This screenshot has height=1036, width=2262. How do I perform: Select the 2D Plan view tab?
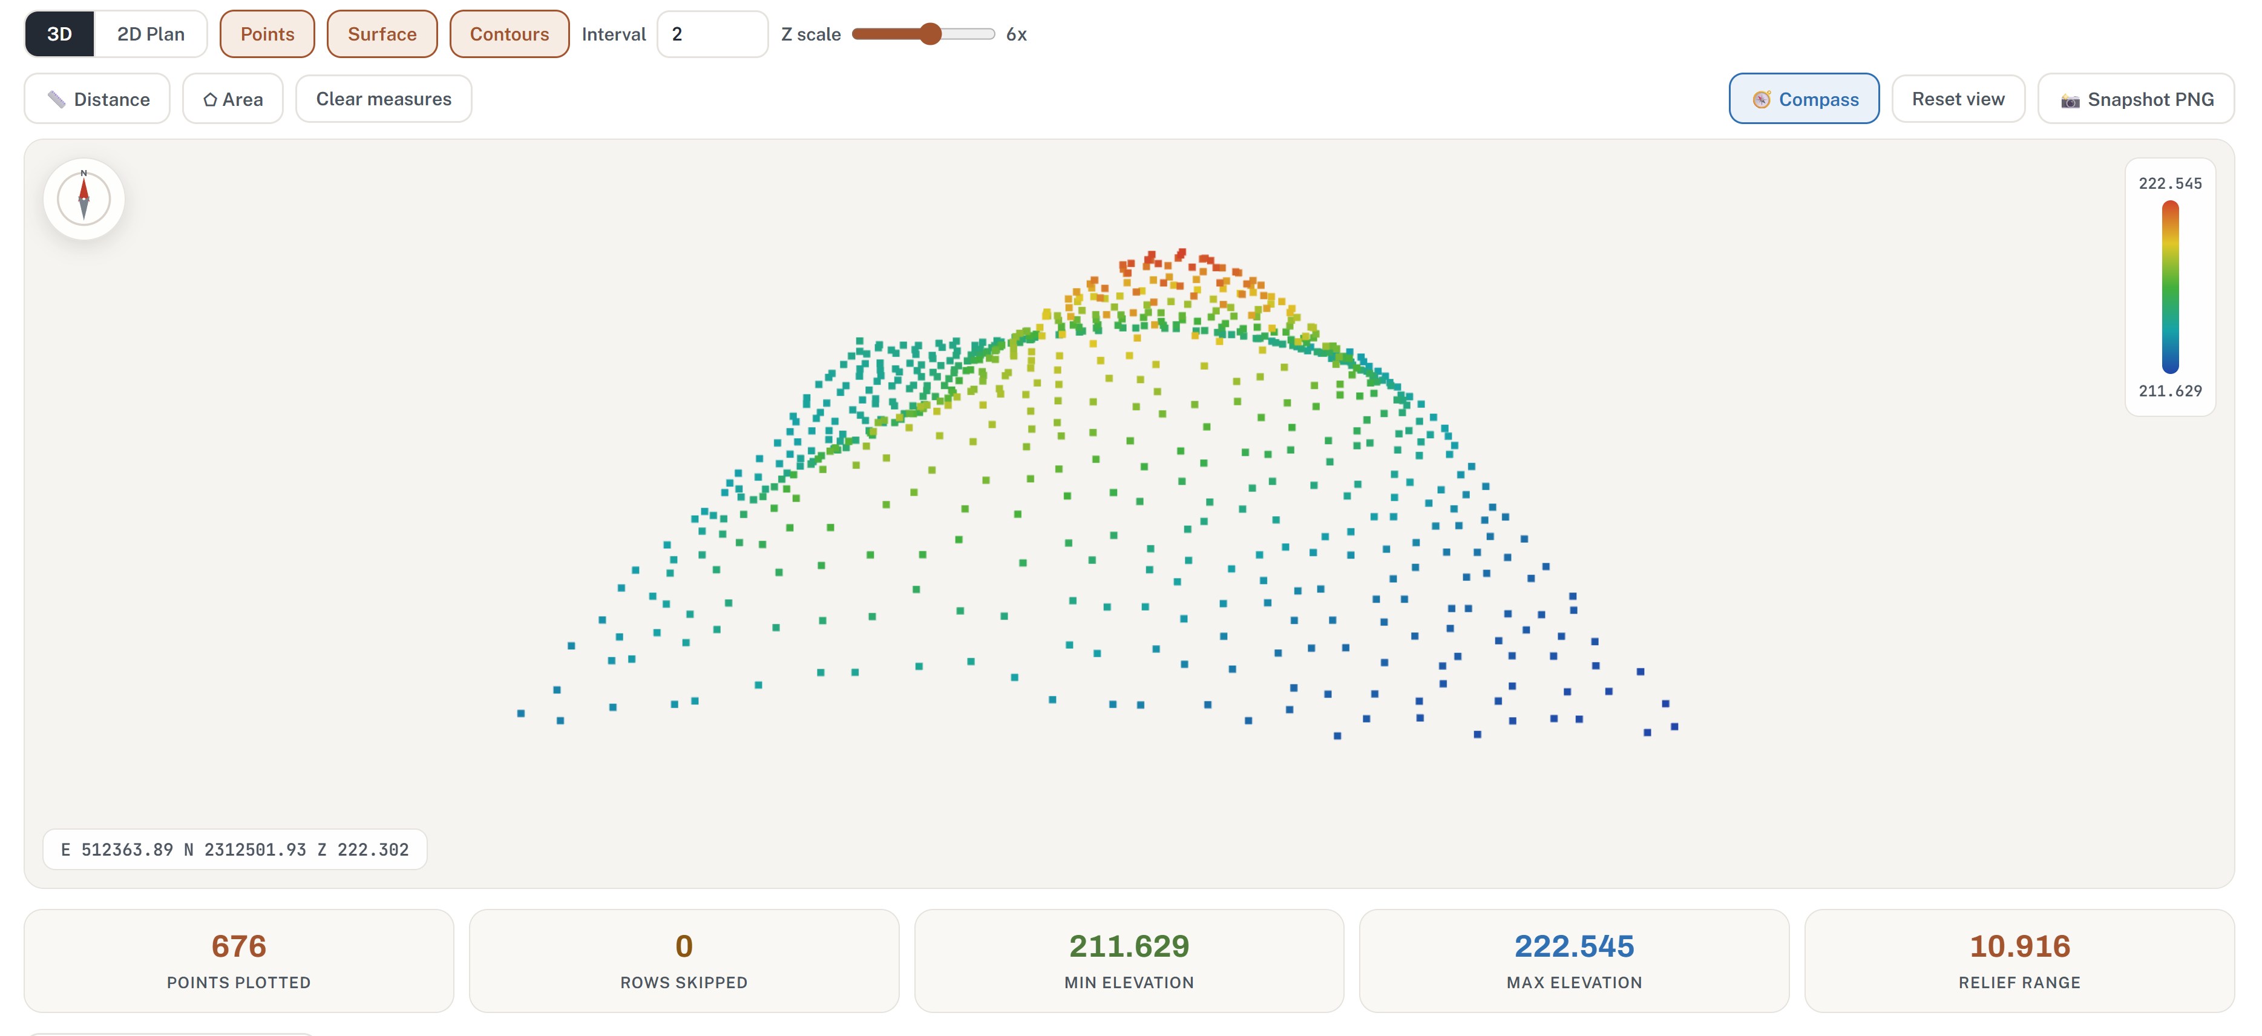151,34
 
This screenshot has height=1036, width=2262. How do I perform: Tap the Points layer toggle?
267,34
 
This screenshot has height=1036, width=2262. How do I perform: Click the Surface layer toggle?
382,34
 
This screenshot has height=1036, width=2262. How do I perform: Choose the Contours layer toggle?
510,34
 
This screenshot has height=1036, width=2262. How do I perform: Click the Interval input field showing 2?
712,34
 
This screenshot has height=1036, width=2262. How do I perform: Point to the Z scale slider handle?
931,34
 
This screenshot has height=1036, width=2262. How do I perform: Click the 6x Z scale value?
1016,34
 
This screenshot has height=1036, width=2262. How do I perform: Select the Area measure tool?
233,99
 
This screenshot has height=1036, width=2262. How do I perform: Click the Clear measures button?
384,99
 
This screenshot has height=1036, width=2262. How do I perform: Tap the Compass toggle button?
1804,99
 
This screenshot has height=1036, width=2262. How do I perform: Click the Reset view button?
1958,99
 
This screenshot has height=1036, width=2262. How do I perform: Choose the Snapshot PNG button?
2136,99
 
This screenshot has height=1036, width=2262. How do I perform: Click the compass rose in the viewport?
84,199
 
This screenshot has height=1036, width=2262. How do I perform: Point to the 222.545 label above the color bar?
2170,183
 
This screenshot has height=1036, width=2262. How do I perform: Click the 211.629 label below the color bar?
2170,391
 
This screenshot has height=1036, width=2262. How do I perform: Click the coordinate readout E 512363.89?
117,850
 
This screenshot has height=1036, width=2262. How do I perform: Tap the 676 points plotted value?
239,946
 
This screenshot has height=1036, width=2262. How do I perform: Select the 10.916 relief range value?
2020,946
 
